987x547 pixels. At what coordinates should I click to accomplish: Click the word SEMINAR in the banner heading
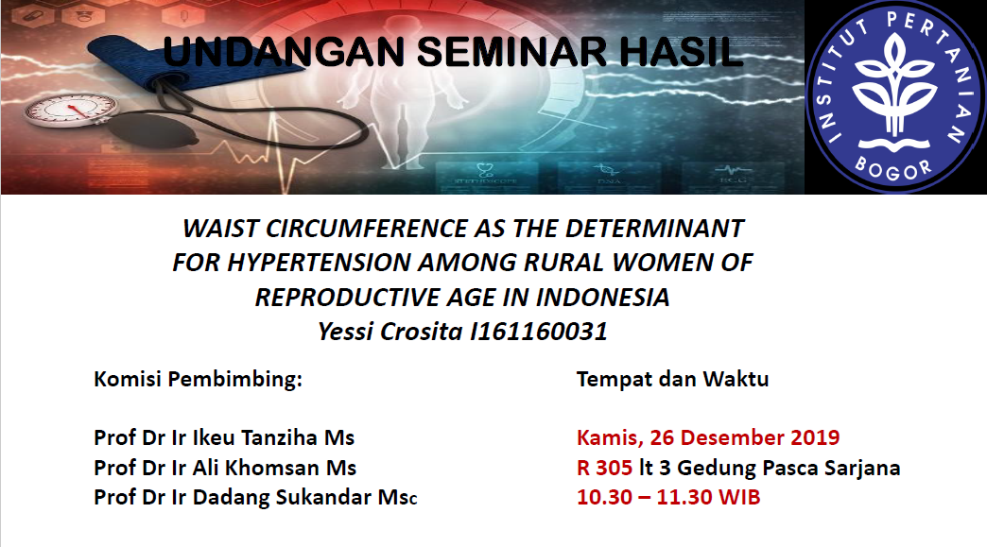click(511, 52)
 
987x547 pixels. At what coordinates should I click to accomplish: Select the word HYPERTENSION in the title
click(319, 263)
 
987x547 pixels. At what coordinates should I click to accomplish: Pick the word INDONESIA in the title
click(602, 298)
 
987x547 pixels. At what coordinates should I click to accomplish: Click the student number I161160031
click(539, 332)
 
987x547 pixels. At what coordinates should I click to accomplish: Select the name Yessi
click(346, 332)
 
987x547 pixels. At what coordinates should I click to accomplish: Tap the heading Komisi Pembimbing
click(198, 380)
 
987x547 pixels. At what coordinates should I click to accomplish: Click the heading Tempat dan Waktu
click(672, 379)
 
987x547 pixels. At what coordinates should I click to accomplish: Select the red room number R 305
click(604, 468)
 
